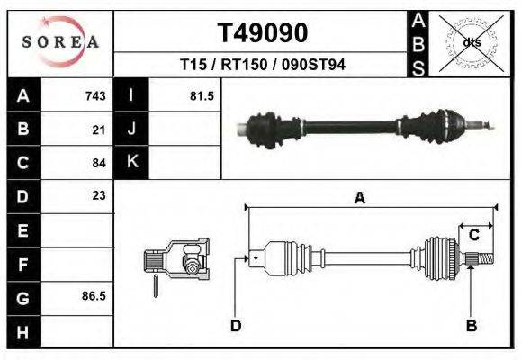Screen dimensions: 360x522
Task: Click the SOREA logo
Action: (x=60, y=41)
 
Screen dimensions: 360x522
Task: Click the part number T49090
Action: (x=263, y=33)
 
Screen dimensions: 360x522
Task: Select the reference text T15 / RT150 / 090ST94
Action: (x=263, y=65)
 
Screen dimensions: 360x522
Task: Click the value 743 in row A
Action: (x=95, y=96)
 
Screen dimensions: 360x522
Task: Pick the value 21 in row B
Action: (x=99, y=130)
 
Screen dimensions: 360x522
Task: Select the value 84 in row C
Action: (x=99, y=163)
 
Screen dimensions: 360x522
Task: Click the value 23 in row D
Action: (x=99, y=195)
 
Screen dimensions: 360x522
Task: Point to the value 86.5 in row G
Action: (x=94, y=295)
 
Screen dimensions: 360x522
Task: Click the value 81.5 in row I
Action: (x=202, y=96)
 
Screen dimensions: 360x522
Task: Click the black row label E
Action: (x=23, y=229)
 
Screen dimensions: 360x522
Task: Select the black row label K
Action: (x=131, y=163)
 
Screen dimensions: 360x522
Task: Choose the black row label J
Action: (x=131, y=130)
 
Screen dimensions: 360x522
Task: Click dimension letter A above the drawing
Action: (x=359, y=199)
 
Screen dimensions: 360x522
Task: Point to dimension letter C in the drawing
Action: (x=473, y=236)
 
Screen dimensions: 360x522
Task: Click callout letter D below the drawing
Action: (x=236, y=325)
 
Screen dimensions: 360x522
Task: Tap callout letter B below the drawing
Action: (x=471, y=325)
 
